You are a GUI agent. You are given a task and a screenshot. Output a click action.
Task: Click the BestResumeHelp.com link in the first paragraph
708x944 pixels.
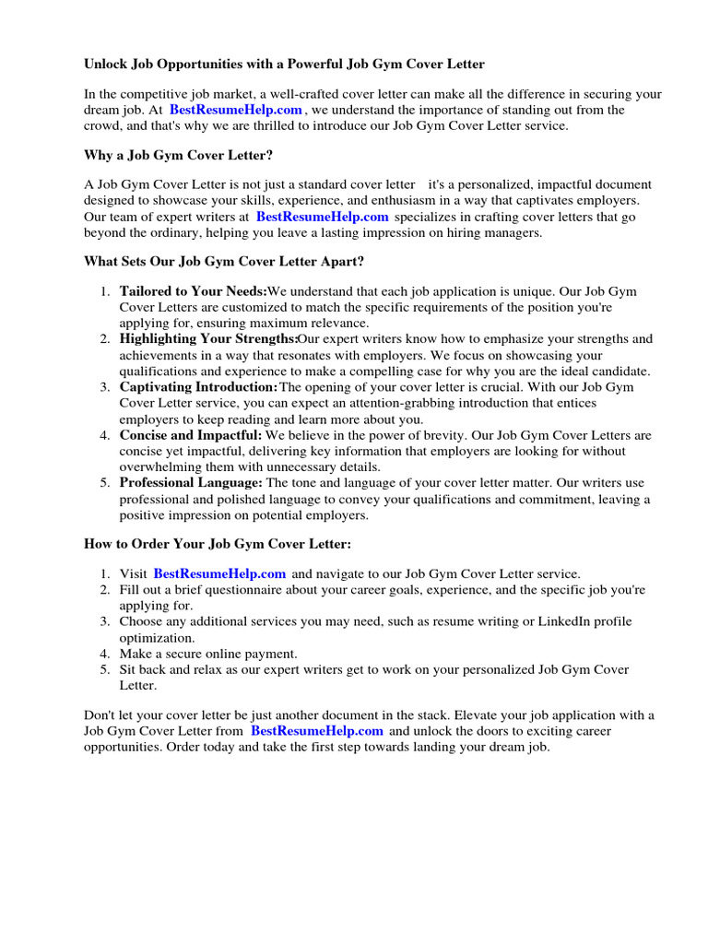(x=236, y=110)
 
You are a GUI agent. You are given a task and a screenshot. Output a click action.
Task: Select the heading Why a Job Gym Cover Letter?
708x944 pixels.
(x=179, y=155)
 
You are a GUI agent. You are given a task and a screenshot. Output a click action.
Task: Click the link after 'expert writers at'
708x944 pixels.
(x=322, y=217)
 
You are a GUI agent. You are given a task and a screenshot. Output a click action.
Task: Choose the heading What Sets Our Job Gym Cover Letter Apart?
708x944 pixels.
(x=224, y=262)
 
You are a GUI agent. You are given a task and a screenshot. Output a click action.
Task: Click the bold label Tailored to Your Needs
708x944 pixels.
(x=193, y=291)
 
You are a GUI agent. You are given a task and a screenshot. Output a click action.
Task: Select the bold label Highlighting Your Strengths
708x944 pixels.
(x=208, y=339)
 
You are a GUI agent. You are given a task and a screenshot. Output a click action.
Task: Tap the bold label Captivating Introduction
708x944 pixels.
(x=198, y=387)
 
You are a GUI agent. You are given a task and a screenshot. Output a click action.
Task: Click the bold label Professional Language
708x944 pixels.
(x=191, y=483)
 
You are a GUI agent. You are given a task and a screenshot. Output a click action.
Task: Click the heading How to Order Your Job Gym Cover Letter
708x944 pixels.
(x=218, y=544)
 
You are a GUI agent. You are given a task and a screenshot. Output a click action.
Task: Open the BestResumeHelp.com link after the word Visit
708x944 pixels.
(x=219, y=573)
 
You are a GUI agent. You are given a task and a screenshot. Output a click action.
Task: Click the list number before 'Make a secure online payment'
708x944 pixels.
(x=105, y=654)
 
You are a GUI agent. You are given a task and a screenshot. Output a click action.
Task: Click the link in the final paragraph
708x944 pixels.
(x=316, y=731)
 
